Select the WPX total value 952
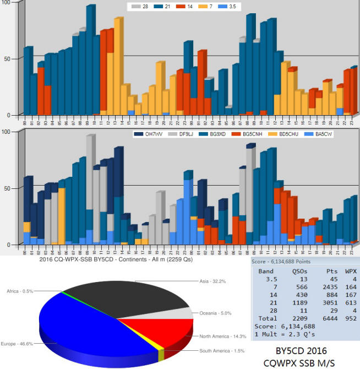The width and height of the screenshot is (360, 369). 348,318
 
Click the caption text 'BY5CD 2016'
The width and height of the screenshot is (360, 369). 301,350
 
